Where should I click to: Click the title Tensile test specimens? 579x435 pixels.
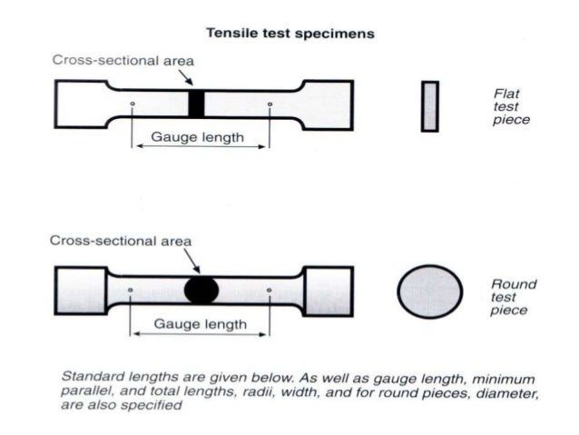tap(289, 34)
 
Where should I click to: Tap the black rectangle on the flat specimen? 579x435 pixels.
tap(197, 103)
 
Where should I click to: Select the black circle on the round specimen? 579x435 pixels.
tap(201, 290)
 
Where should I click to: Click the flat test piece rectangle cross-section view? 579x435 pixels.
tap(429, 105)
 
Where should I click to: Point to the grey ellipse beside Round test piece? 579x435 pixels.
tap(429, 292)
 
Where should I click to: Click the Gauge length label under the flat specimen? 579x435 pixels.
tap(198, 137)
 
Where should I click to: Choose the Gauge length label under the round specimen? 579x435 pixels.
tap(199, 323)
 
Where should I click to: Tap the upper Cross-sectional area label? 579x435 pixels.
tap(123, 60)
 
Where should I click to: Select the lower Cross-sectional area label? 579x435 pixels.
tap(120, 241)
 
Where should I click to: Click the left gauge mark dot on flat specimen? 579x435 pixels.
tap(132, 104)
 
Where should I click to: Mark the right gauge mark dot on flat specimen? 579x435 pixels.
tap(270, 104)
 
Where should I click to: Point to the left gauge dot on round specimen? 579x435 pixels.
tap(132, 291)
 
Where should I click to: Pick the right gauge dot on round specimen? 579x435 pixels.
tap(270, 291)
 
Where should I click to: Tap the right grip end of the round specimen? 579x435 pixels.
tap(324, 290)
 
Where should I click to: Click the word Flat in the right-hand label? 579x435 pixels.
tap(506, 93)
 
